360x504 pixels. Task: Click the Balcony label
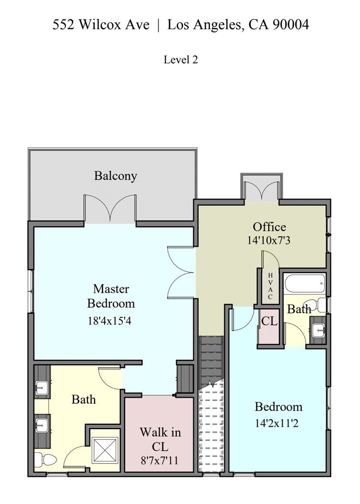point(116,176)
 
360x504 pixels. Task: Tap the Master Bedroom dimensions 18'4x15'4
point(110,321)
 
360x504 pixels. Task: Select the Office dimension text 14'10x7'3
point(269,241)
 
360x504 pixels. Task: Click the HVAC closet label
point(270,286)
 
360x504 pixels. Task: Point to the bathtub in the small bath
point(305,283)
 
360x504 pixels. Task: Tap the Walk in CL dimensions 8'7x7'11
point(159,461)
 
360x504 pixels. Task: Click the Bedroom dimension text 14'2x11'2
point(277,423)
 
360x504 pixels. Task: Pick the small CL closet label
point(269,321)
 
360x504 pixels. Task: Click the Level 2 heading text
point(180,60)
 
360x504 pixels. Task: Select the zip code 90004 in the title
point(291,25)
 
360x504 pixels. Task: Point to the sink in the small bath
point(318,329)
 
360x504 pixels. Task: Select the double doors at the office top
point(261,191)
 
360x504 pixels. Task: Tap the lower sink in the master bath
point(42,425)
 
